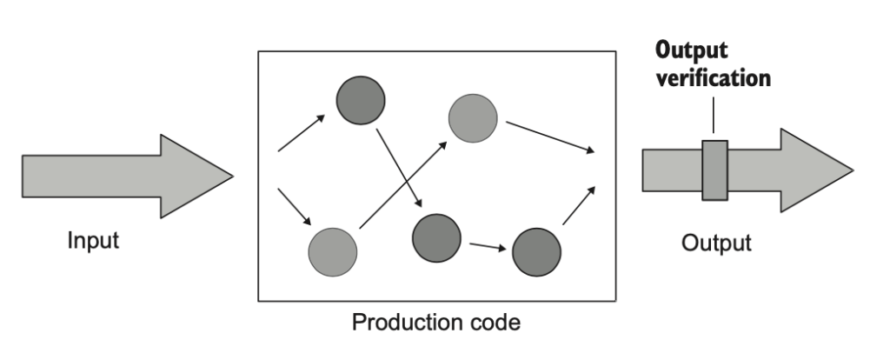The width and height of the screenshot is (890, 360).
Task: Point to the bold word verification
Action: coord(714,77)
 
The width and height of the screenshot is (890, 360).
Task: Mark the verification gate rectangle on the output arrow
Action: coord(714,170)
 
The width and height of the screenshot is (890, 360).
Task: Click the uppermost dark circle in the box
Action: coord(361,101)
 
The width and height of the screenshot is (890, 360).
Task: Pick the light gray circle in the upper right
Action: coord(472,117)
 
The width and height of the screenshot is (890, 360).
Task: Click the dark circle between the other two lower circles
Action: coord(435,236)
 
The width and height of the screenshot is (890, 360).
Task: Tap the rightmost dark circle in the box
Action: coord(536,252)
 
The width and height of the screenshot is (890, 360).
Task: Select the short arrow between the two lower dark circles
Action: coord(487,246)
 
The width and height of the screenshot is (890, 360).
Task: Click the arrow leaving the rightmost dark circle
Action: coord(579,206)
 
